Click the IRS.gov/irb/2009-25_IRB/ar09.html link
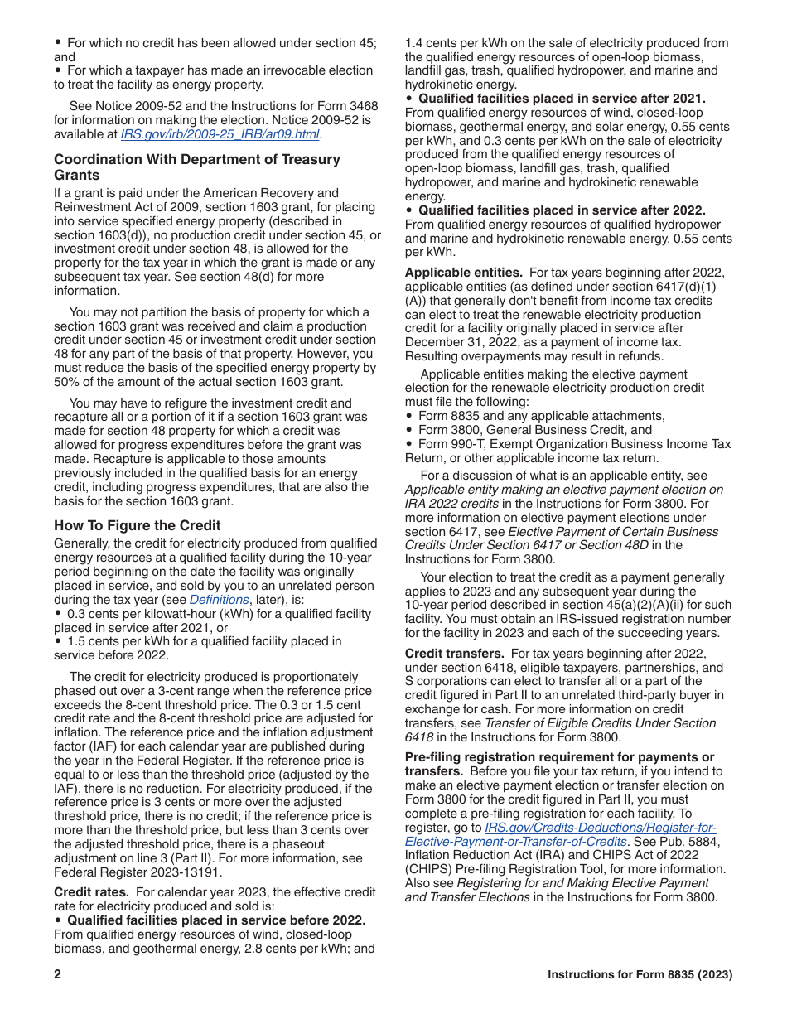[220, 134]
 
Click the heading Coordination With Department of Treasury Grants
[197, 167]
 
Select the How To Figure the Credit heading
[138, 525]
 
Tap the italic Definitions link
[219, 600]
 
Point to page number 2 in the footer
[58, 975]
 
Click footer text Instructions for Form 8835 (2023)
[640, 975]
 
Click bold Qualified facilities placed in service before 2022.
[216, 920]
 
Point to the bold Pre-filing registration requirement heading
[559, 757]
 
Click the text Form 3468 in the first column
[345, 106]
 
